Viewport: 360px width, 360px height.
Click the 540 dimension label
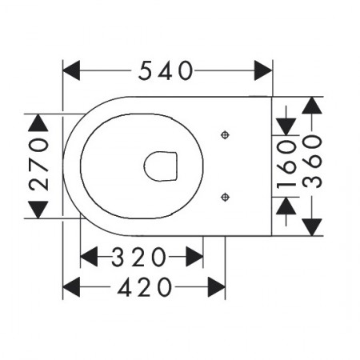point(166,70)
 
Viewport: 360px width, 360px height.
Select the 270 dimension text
point(39,165)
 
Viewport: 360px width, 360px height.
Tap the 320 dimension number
point(138,257)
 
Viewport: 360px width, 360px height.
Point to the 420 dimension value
point(144,287)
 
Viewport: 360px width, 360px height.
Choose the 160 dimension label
point(286,165)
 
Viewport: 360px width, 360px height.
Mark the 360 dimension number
point(312,162)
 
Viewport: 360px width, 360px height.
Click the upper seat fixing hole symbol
point(226,135)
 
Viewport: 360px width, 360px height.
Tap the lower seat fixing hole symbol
point(226,198)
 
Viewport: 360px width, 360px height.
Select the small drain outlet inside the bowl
point(161,166)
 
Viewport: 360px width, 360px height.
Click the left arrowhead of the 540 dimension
point(71,70)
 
